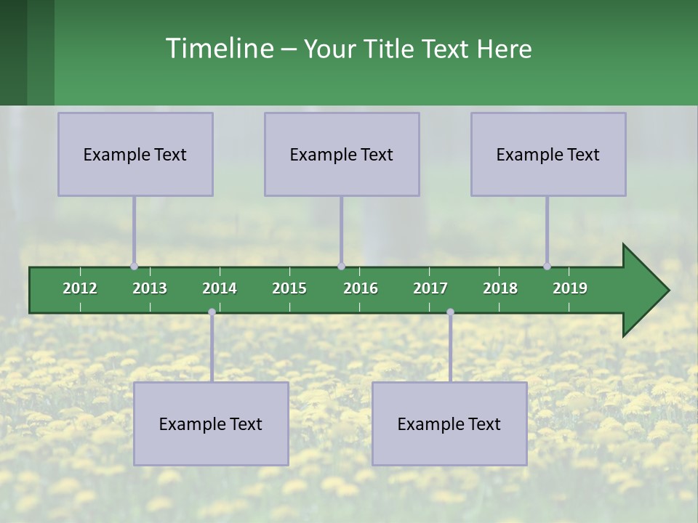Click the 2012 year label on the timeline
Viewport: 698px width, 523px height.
(x=80, y=288)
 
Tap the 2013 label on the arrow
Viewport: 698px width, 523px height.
(x=150, y=288)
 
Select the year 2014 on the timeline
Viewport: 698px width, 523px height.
(x=220, y=288)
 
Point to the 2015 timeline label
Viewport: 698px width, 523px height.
(x=289, y=288)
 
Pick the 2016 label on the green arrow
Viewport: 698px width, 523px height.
(x=361, y=288)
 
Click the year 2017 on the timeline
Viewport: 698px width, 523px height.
(x=430, y=288)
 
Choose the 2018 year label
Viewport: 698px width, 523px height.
(x=500, y=288)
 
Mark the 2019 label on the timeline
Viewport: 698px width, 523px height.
(x=570, y=288)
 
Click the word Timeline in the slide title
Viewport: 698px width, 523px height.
(x=219, y=49)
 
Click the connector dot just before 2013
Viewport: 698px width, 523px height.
(x=134, y=267)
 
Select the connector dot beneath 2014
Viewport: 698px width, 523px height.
(x=212, y=312)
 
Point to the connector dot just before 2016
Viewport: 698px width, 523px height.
(x=341, y=267)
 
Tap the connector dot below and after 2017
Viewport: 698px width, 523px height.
(x=450, y=312)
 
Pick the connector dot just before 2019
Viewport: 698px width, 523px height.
(x=547, y=267)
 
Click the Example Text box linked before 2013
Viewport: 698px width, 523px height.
(x=135, y=154)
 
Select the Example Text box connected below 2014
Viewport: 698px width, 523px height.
(x=211, y=423)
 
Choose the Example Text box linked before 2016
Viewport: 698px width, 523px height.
(x=342, y=154)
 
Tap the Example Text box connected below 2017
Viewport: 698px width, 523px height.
(x=449, y=423)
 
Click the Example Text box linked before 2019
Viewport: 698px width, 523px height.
(x=548, y=154)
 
